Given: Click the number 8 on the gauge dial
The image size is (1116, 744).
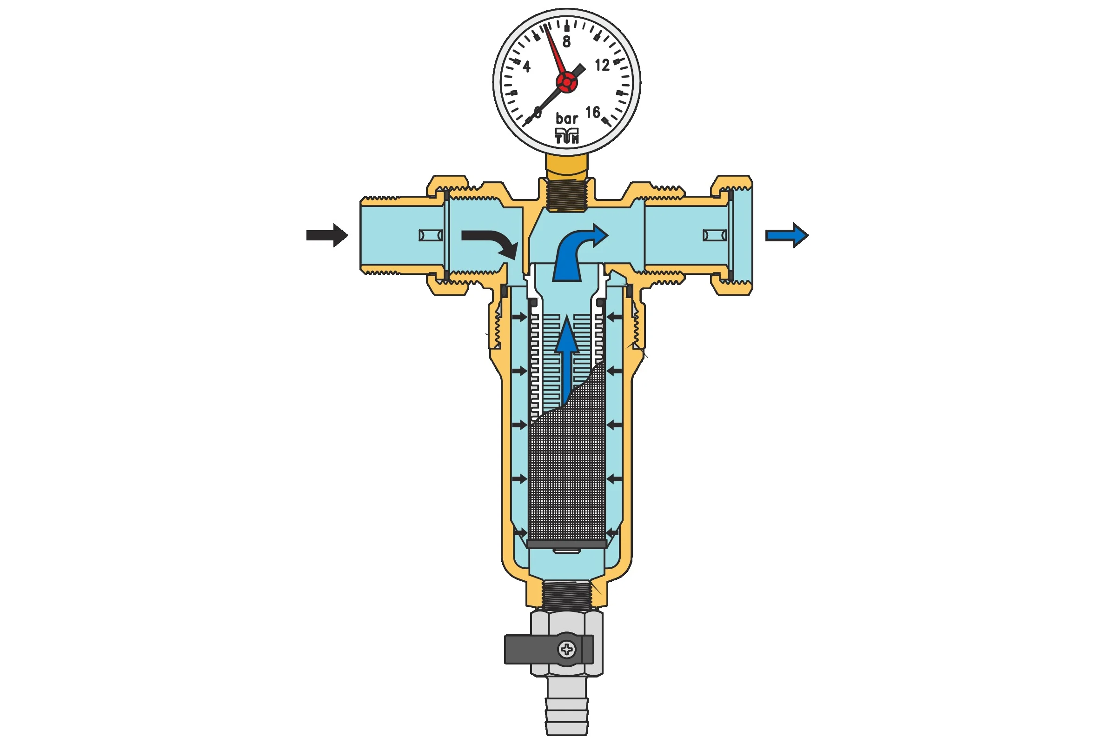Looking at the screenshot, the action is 566,42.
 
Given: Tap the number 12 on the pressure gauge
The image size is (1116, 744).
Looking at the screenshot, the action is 602,65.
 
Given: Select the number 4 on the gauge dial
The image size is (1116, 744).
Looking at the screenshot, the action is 527,66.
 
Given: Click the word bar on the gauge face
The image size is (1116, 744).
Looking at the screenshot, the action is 567,118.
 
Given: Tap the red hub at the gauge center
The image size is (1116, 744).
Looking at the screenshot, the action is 566,83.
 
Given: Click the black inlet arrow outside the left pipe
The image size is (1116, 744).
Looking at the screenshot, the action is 327,235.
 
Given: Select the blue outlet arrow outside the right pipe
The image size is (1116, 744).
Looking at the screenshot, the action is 787,235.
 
